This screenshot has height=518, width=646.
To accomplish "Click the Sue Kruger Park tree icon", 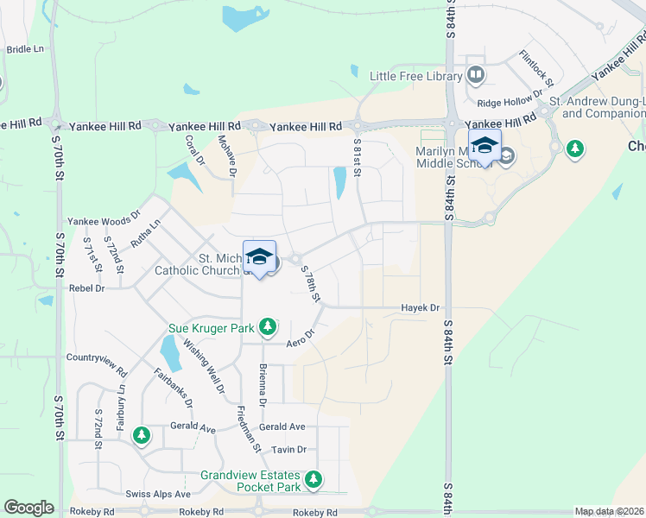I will pos(269,327).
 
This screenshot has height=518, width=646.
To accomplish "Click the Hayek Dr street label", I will pos(420,307).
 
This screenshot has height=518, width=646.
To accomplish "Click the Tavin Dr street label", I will pos(289,450).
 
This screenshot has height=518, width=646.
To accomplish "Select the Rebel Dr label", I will pos(86,288).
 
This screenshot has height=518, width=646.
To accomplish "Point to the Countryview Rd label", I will pos(97,357).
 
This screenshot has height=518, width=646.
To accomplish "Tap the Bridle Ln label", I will pos(25,49).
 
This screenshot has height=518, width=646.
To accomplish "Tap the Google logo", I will pos(28,508).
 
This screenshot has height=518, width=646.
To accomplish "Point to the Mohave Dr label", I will pos(226,155).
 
